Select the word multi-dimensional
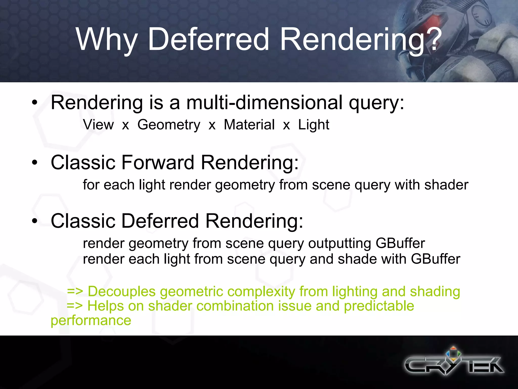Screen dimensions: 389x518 pyautogui.click(x=264, y=103)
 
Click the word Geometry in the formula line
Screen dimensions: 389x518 pyautogui.click(x=169, y=125)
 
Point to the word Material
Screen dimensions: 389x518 pyautogui.click(x=249, y=125)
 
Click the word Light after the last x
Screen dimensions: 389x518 pyautogui.click(x=314, y=125)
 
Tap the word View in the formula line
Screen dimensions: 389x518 pyautogui.click(x=98, y=125)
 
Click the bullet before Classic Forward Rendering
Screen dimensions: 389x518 pyautogui.click(x=35, y=163)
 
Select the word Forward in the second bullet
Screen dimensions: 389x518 pyautogui.click(x=158, y=163)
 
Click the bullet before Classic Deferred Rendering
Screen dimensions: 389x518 pyautogui.click(x=35, y=221)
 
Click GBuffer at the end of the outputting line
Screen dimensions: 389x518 pyautogui.click(x=400, y=243)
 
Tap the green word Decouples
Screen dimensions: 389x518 pyautogui.click(x=121, y=291)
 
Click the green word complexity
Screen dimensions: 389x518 pyautogui.click(x=261, y=291)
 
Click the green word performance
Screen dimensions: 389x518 pyautogui.click(x=91, y=321)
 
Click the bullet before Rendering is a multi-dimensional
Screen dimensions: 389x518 pyautogui.click(x=35, y=103)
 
